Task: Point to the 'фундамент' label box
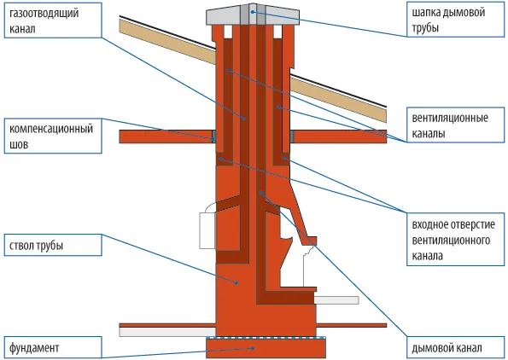click(x=53, y=348)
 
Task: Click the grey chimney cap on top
click(x=253, y=15)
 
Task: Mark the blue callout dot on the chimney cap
click(x=253, y=12)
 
